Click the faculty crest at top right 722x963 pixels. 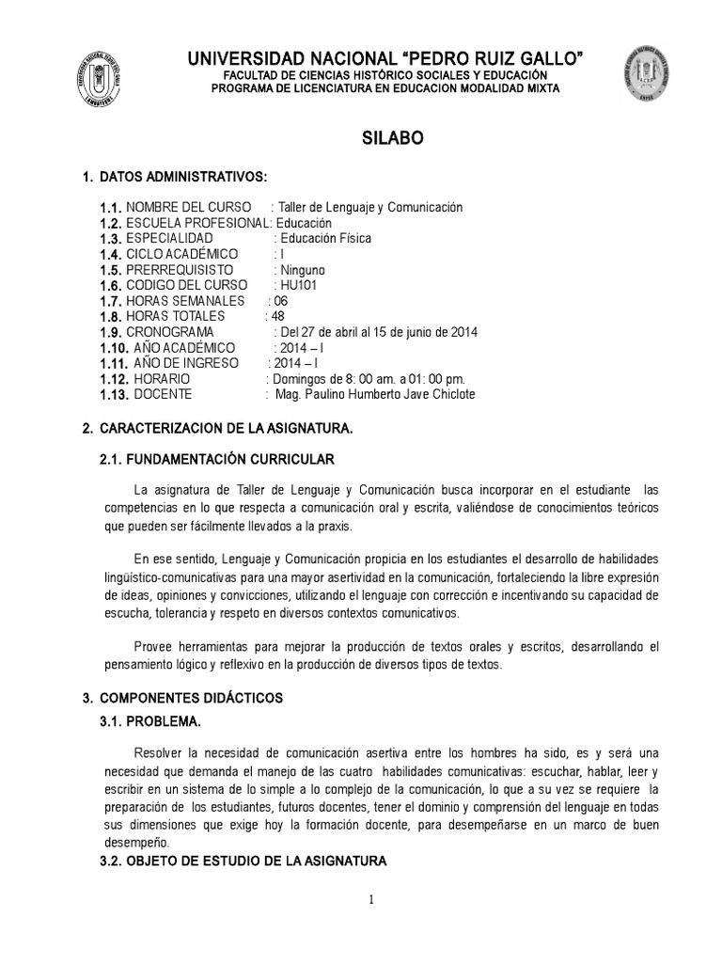[x=645, y=72]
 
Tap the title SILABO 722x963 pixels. [x=393, y=137]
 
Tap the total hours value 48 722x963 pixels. [x=276, y=316]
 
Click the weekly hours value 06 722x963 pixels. [x=280, y=301]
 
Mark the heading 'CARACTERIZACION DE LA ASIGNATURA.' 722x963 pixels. [x=226, y=429]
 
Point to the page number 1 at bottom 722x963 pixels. [x=371, y=900]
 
